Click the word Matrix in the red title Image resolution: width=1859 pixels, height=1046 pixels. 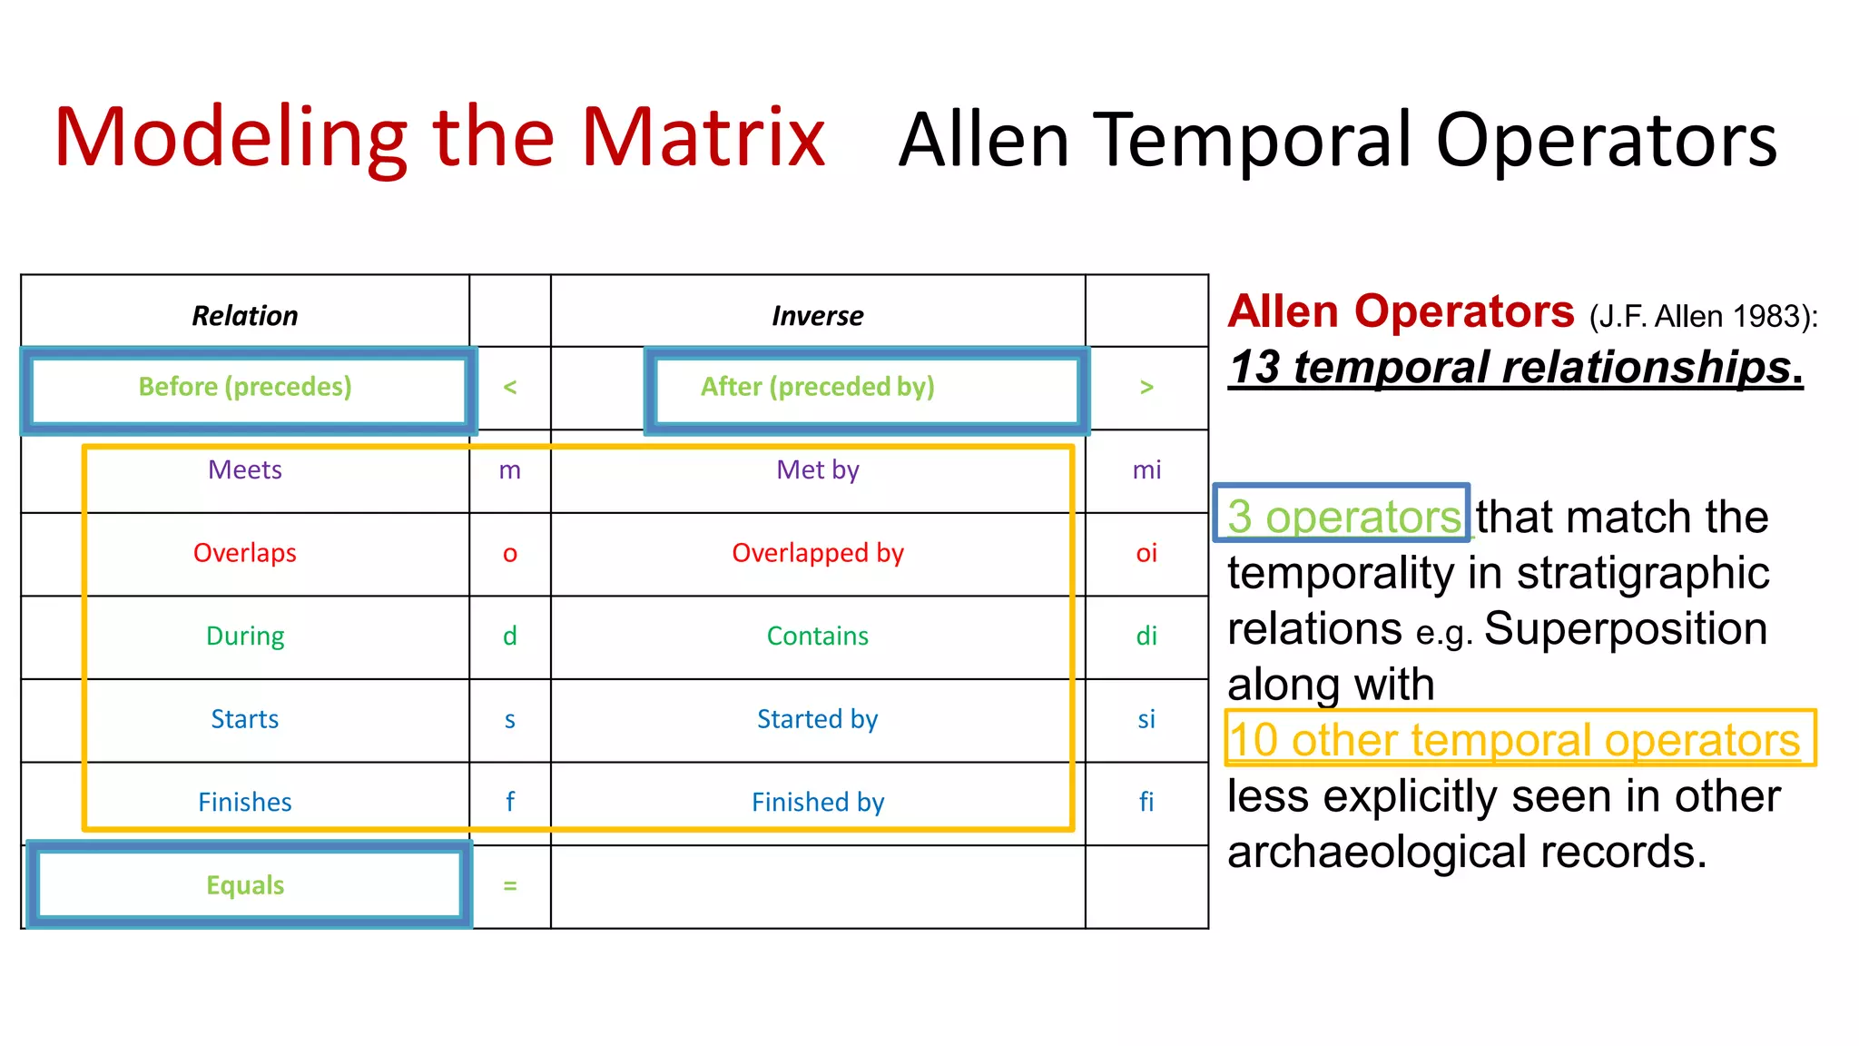[703, 138]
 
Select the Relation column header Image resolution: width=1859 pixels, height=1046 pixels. [244, 316]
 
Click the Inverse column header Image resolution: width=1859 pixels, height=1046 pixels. [817, 316]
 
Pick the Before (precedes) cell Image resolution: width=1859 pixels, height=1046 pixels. [244, 387]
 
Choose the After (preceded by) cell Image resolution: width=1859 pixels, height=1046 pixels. [817, 387]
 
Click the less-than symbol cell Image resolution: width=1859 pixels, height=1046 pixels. [510, 388]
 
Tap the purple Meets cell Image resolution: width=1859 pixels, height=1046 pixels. [244, 469]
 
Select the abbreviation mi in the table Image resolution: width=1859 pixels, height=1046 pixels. [1146, 469]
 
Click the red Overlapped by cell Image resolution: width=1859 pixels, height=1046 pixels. [817, 553]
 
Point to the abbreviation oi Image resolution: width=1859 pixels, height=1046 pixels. [1146, 553]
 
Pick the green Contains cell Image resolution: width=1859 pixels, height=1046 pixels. [817, 636]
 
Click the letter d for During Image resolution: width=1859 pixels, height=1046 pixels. [510, 636]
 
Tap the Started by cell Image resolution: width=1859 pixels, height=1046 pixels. [817, 719]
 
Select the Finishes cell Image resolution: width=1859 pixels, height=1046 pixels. [244, 802]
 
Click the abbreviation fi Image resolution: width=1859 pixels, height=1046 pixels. [1146, 802]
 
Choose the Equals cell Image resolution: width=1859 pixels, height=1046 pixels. [244, 885]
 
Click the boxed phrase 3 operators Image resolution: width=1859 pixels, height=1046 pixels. [1343, 516]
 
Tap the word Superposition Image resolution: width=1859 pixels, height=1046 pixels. [1625, 628]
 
